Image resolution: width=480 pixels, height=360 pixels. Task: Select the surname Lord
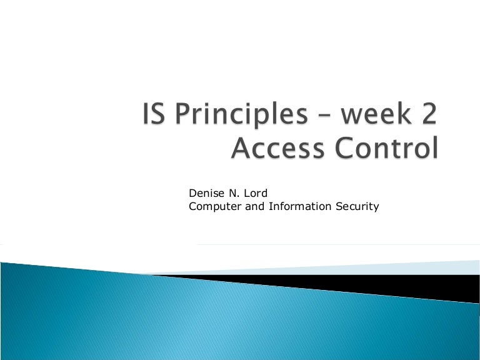click(x=254, y=193)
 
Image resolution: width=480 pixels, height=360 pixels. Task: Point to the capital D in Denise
click(x=192, y=193)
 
